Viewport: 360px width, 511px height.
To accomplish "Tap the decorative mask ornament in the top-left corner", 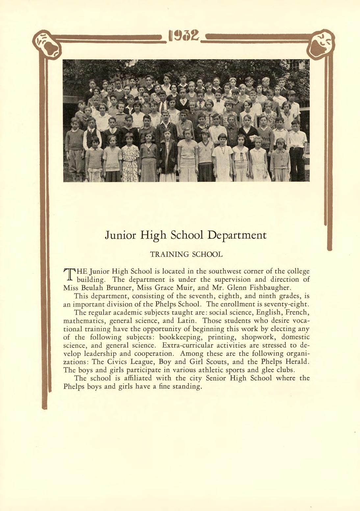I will [x=47, y=45].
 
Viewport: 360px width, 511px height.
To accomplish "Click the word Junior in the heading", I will [x=120, y=235].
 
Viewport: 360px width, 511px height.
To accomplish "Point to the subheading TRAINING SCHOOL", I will [x=186, y=255].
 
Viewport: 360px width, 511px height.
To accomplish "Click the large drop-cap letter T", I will [x=69, y=275].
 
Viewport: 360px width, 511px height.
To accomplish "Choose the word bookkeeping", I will [x=179, y=337].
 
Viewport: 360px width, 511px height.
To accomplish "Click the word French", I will [x=297, y=312].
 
